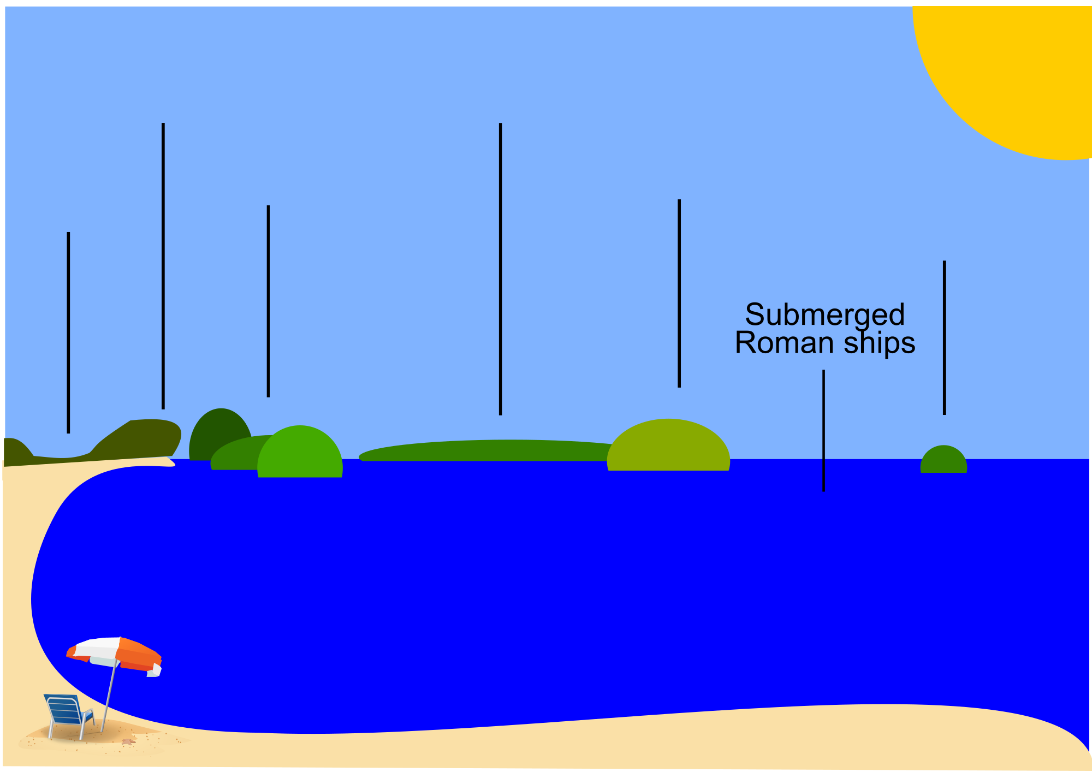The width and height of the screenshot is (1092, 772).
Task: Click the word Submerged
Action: tap(824, 315)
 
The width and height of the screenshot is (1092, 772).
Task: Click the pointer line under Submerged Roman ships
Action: tap(823, 431)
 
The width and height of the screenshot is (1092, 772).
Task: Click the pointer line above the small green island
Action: tap(944, 339)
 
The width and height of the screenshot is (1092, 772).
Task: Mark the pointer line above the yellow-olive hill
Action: tap(679, 295)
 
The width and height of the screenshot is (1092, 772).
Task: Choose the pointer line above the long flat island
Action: tap(500, 268)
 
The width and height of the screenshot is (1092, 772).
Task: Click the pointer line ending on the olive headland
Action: tap(163, 268)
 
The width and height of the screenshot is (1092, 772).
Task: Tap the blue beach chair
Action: tap(67, 712)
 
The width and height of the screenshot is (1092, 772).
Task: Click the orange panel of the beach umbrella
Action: tap(140, 655)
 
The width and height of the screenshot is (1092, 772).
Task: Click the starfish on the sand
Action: tap(128, 741)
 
